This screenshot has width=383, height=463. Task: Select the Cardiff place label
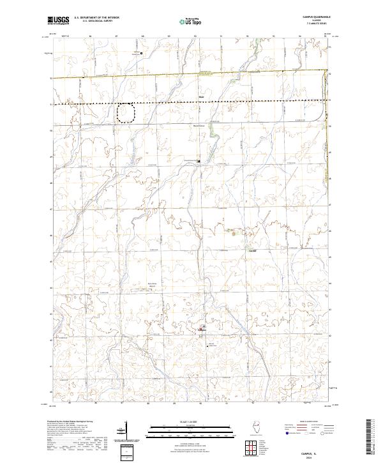[252, 250]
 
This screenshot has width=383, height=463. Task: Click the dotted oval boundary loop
[126, 113]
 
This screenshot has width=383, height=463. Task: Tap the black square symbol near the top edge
[140, 54]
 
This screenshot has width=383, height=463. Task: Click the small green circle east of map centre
[234, 234]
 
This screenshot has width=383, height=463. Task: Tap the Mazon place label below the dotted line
[201, 97]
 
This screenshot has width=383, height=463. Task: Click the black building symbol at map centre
[198, 161]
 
